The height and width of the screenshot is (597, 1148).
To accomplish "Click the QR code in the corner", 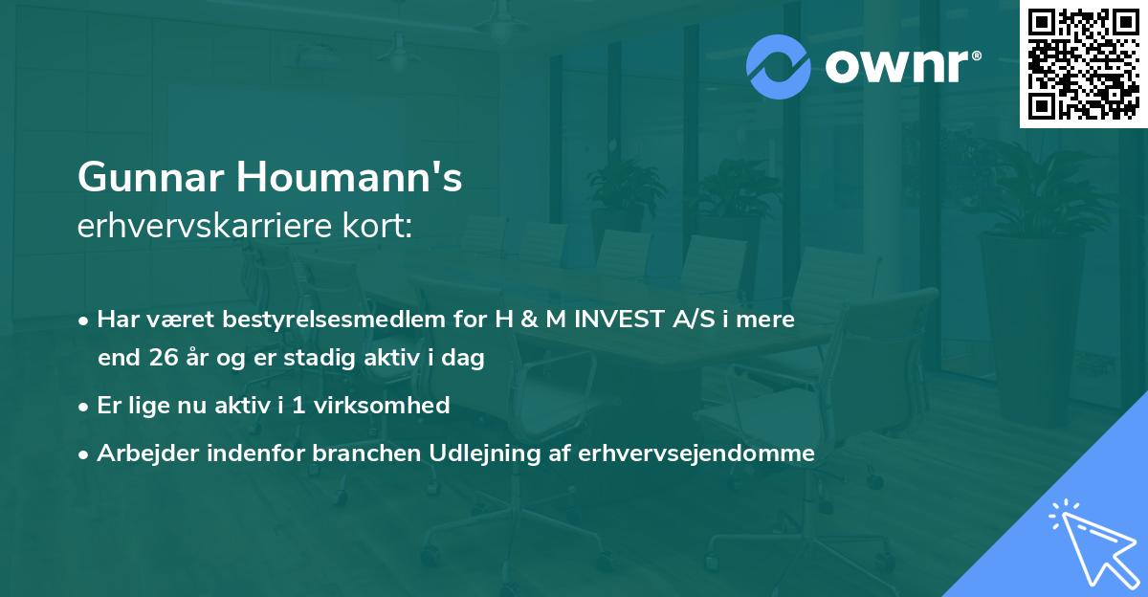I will point(1083,64).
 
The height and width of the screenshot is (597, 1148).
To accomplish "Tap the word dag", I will point(466,359).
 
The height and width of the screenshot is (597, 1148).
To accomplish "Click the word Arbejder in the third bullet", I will point(142,453).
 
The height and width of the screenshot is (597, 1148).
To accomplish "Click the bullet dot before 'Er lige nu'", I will point(85,407).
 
